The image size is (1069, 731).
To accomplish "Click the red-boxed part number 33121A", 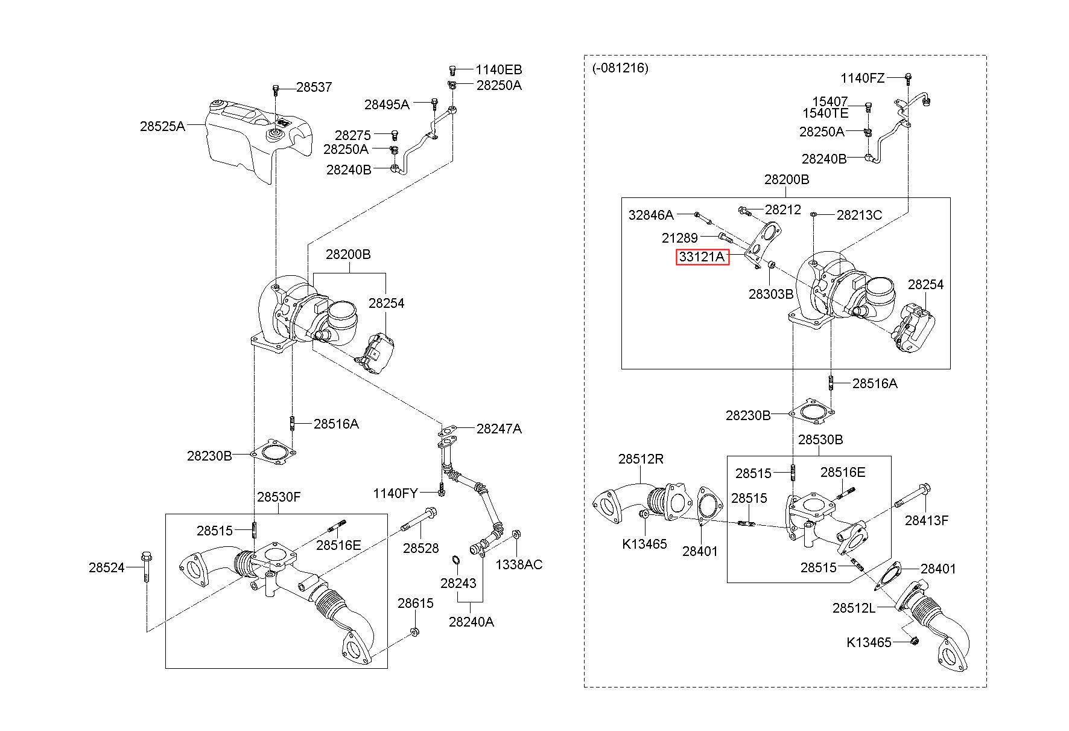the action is (x=702, y=257).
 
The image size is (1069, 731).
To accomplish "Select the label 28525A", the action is (x=162, y=127).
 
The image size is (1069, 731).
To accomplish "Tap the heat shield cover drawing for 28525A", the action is (x=259, y=141).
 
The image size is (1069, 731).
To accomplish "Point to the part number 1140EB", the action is (x=498, y=69).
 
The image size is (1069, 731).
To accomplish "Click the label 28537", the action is (x=314, y=88).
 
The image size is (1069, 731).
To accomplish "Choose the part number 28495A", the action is (x=387, y=104).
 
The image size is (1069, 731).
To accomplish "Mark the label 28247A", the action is (x=499, y=429).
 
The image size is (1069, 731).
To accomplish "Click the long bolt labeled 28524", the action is (x=146, y=567).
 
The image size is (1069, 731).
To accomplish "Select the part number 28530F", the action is (x=279, y=497).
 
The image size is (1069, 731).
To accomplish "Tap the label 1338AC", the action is (x=519, y=564).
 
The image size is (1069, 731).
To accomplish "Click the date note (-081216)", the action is (x=620, y=68).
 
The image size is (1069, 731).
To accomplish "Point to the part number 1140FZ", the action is (x=863, y=78).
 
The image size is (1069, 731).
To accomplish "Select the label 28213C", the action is (x=859, y=215).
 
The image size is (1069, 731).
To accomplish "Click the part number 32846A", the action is (x=651, y=215).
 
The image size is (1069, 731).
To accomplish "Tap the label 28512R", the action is (x=641, y=459).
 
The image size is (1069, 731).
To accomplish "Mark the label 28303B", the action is (x=771, y=294).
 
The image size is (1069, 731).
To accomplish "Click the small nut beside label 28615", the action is (x=415, y=632).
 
